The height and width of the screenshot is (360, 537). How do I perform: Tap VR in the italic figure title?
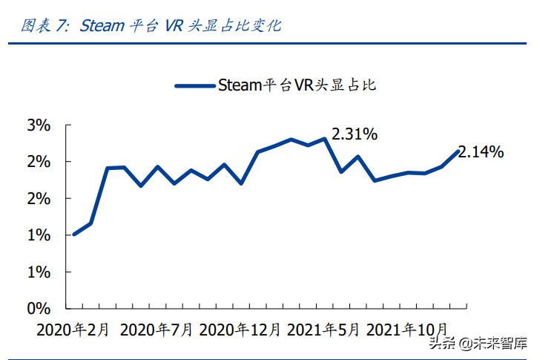pos(174,25)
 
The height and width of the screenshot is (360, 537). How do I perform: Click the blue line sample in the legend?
pos(194,85)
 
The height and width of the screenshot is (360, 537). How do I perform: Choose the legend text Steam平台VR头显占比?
pos(297,85)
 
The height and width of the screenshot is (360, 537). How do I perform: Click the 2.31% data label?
pos(355,134)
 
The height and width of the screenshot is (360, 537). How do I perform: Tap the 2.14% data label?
pos(481,152)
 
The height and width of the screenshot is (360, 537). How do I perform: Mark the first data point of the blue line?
pos(74,234)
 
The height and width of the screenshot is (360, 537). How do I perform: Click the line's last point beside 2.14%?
pos(458,151)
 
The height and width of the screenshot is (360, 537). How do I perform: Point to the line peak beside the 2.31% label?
pos(325,139)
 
